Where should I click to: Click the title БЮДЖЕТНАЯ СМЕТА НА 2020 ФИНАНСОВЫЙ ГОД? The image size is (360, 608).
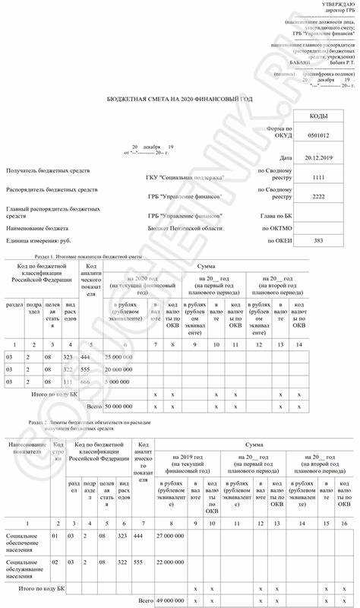[x=179, y=100]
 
